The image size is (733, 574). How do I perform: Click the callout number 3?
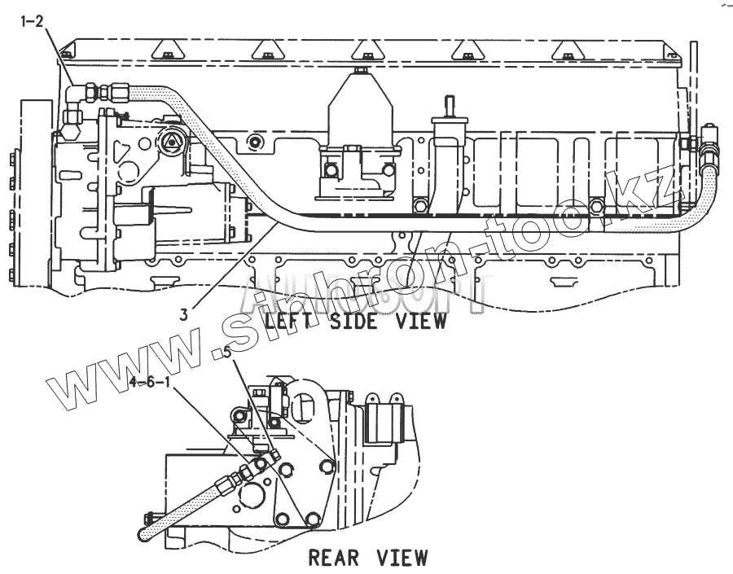pyautogui.click(x=185, y=313)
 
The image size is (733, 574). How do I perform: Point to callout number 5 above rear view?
pyautogui.click(x=227, y=353)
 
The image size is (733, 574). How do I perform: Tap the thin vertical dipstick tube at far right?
pyautogui.click(x=693, y=81)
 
